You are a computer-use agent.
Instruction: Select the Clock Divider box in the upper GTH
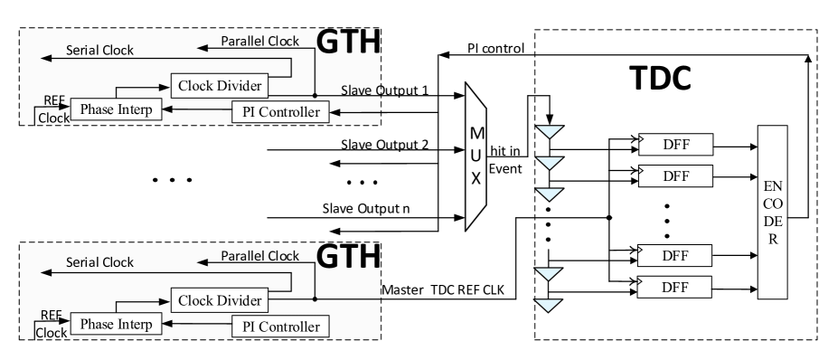point(218,87)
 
